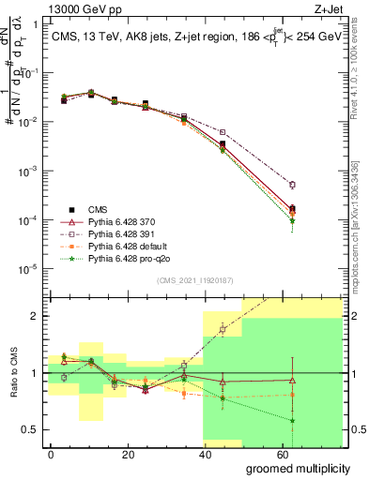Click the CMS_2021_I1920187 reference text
click(x=194, y=279)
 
